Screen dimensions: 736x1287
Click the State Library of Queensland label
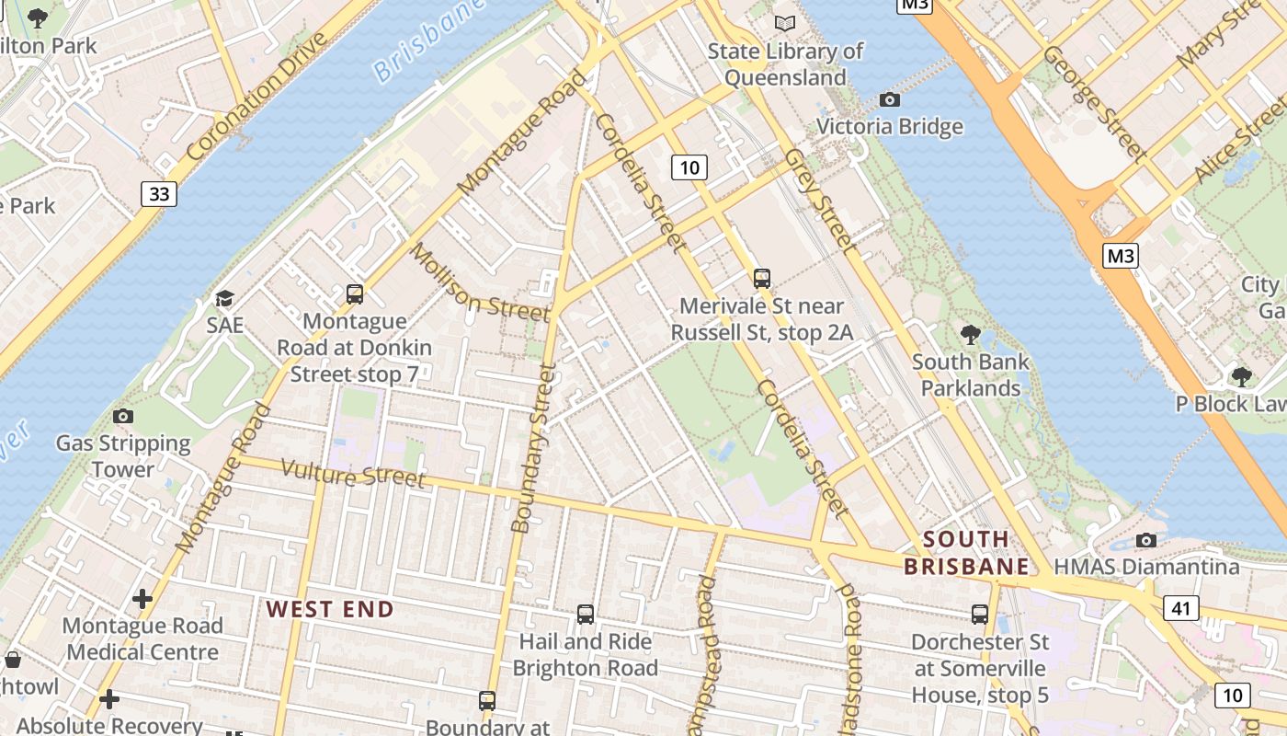(x=785, y=63)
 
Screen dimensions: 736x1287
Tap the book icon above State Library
(x=784, y=23)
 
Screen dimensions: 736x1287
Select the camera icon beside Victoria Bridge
(x=890, y=99)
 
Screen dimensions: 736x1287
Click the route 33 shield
(x=159, y=193)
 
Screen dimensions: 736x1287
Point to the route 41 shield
(x=1180, y=607)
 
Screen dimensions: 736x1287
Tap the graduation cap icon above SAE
(x=224, y=298)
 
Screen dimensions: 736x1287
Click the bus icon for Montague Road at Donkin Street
(x=355, y=294)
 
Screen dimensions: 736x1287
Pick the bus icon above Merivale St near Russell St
(x=761, y=278)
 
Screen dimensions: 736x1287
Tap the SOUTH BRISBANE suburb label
(x=966, y=552)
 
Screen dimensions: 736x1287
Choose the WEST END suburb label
(x=330, y=609)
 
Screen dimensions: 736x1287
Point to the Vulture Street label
(x=354, y=472)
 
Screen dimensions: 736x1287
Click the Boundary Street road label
(x=532, y=448)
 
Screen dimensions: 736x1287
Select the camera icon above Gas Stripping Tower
(x=123, y=416)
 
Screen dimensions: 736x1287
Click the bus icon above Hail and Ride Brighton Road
(x=585, y=614)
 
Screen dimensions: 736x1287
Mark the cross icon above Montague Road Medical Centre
(x=142, y=599)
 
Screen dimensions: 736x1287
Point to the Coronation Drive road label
(x=256, y=96)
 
